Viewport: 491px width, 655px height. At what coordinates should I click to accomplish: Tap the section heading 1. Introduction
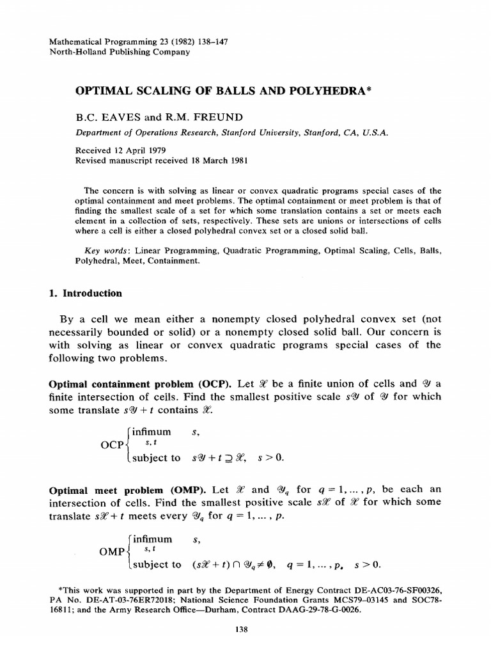point(86,293)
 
